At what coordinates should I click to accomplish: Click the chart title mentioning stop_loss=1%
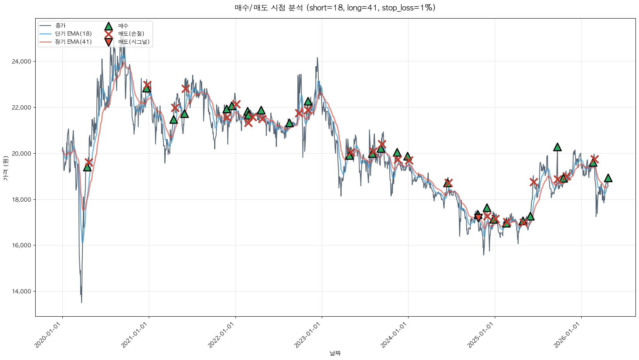pyautogui.click(x=335, y=8)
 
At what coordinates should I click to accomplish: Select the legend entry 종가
pyautogui.click(x=60, y=26)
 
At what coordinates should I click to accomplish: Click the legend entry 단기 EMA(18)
pyautogui.click(x=73, y=34)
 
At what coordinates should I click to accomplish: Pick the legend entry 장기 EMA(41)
pyautogui.click(x=73, y=42)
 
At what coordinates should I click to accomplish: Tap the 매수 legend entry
pyautogui.click(x=123, y=26)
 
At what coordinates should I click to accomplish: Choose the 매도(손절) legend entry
pyautogui.click(x=131, y=34)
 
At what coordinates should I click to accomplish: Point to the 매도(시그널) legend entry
pyautogui.click(x=134, y=42)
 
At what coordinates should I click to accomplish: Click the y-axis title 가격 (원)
pyautogui.click(x=5, y=168)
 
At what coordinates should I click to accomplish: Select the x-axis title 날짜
pyautogui.click(x=335, y=353)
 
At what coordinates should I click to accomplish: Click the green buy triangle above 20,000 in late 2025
pyautogui.click(x=557, y=147)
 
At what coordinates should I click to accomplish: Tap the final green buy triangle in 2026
pyautogui.click(x=608, y=178)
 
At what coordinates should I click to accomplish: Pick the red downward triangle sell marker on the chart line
pyautogui.click(x=478, y=218)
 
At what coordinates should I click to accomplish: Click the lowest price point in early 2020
pyautogui.click(x=81, y=302)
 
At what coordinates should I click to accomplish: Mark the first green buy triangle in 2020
pyautogui.click(x=87, y=167)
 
